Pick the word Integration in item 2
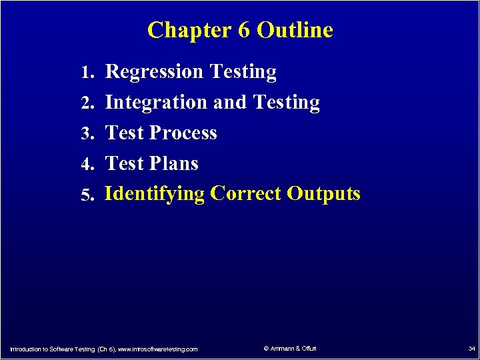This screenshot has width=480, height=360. (157, 103)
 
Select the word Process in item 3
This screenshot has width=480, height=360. (183, 133)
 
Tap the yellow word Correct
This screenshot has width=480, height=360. (245, 193)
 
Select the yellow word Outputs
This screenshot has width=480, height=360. (324, 194)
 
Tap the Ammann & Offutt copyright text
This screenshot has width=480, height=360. (290, 349)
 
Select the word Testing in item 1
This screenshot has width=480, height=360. (243, 72)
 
